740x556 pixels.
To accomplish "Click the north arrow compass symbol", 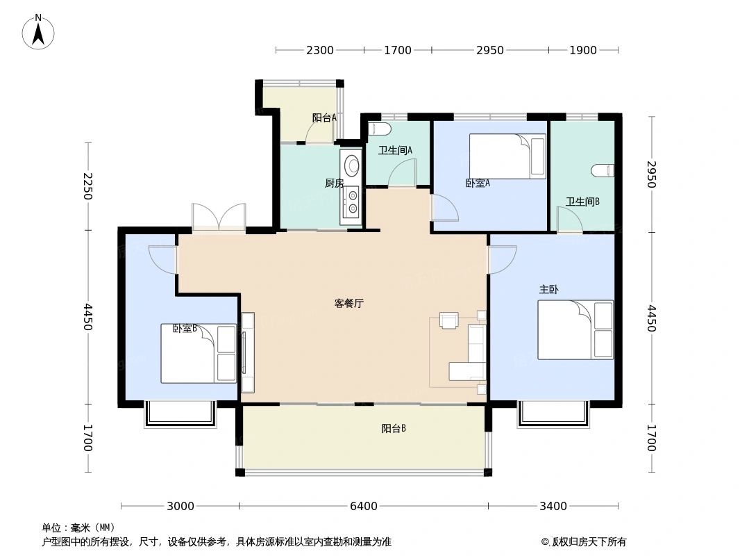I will coord(39,31).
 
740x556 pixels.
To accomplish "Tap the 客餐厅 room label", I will coord(349,304).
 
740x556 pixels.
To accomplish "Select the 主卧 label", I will coord(548,289).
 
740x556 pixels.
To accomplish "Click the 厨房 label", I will coord(334,183).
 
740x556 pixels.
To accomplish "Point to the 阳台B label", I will coord(394,429).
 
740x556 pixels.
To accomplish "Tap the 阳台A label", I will coord(324,118).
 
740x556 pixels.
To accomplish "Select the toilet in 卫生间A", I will coord(380,129).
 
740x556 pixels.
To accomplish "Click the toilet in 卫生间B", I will coord(603,170).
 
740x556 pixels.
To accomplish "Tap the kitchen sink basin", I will coord(353,165).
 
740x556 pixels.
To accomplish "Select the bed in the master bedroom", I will coord(575,329).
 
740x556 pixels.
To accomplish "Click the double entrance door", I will coord(219,217).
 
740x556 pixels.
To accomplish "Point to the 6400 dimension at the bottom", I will coord(363,507).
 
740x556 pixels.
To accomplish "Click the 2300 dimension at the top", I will coord(319,50).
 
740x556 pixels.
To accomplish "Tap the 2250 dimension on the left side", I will coord(87,186).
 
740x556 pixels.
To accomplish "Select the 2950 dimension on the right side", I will coord(650,174).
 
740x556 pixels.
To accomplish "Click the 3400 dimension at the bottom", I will coord(553,507).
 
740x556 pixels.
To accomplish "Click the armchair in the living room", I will coord(450,320).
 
